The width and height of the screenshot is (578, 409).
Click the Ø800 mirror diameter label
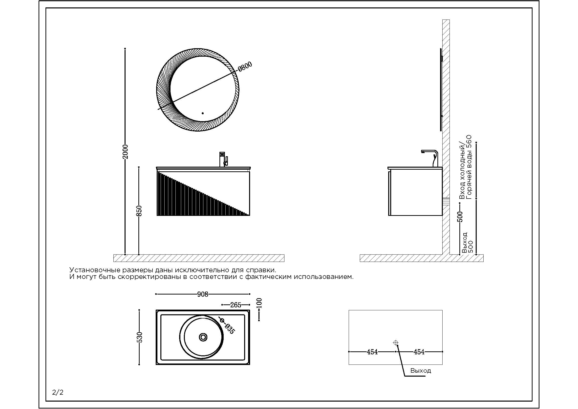pyautogui.click(x=245, y=67)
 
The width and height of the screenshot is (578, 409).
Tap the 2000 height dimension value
pyautogui.click(x=125, y=152)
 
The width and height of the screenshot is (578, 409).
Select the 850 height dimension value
pyautogui.click(x=139, y=211)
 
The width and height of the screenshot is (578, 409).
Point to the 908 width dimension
pyautogui.click(x=203, y=294)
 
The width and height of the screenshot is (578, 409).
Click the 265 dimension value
pyautogui.click(x=236, y=305)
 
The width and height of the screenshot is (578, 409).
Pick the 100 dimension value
pyautogui.click(x=259, y=303)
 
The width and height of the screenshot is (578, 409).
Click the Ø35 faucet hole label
pyautogui.click(x=230, y=329)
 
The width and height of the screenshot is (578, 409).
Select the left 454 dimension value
pyautogui.click(x=372, y=352)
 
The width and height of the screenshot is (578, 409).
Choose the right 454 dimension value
pyautogui.click(x=419, y=352)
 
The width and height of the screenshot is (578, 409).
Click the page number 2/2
pyautogui.click(x=58, y=392)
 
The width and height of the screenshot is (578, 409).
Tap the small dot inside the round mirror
pyautogui.click(x=203, y=113)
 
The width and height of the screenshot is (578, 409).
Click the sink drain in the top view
pyautogui.click(x=203, y=337)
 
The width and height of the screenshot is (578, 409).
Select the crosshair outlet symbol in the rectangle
pyautogui.click(x=395, y=342)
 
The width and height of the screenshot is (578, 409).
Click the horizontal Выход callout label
pyautogui.click(x=421, y=370)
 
